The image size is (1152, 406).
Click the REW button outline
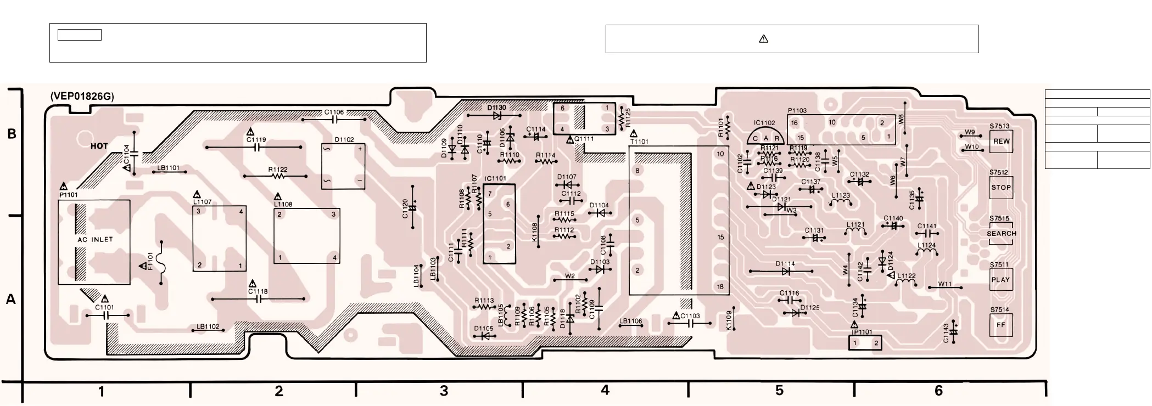point(1001,141)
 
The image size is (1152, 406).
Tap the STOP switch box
point(1001,187)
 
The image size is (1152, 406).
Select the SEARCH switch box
point(1002,233)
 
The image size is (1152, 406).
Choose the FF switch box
point(1001,324)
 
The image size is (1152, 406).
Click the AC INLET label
point(95,240)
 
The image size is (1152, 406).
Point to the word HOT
point(99,146)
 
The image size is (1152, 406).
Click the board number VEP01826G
point(82,97)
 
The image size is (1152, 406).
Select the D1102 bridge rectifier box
point(343,166)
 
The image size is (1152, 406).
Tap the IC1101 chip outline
point(499,224)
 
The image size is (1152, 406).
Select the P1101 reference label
point(69,194)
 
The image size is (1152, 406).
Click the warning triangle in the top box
point(763,39)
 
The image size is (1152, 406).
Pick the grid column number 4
point(605,390)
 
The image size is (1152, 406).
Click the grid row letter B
point(12,134)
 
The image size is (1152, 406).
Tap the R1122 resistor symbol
point(278,177)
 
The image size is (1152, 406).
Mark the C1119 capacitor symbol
point(256,148)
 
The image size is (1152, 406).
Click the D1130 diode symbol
point(497,116)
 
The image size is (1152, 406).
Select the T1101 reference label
point(639,141)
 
